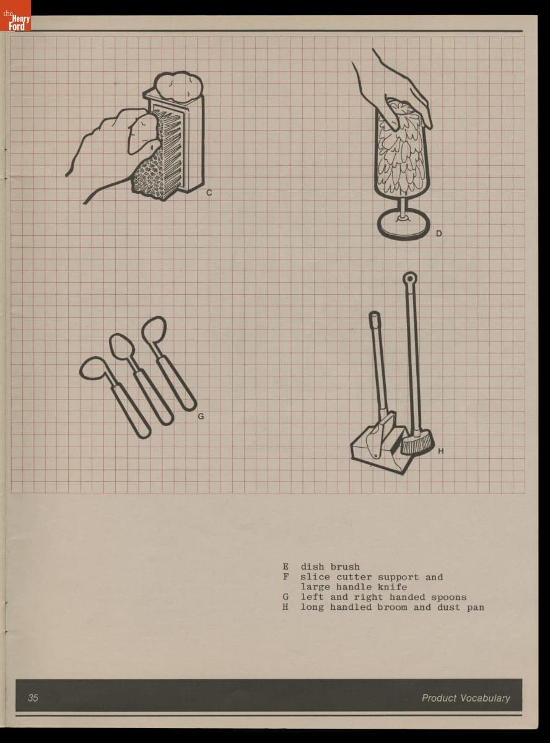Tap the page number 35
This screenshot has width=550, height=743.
[33, 698]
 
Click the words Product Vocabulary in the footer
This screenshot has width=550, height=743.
[466, 698]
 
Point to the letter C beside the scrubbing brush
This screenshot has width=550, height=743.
[209, 193]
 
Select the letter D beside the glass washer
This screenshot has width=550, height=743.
[439, 233]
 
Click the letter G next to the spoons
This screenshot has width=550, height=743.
[201, 416]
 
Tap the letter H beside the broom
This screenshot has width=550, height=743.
[440, 451]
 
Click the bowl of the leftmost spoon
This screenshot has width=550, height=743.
[94, 369]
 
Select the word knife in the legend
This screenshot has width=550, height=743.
[393, 587]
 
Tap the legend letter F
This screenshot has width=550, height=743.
[286, 577]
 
